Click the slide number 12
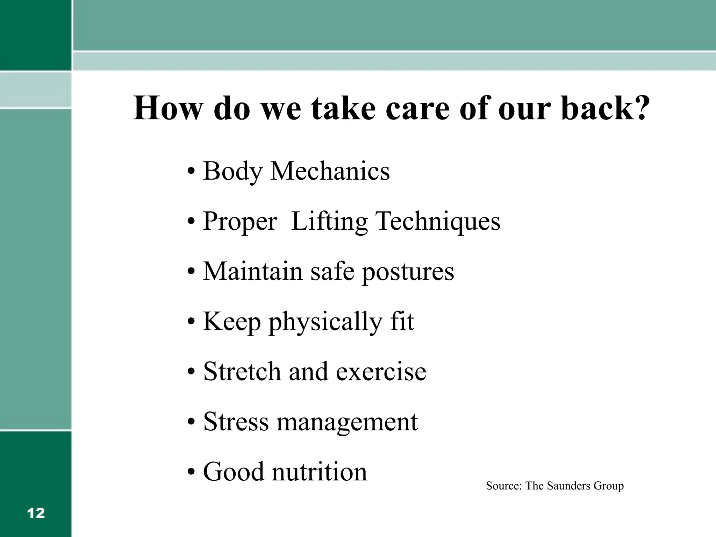36,513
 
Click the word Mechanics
330,171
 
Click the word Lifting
329,222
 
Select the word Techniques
438,222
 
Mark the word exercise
381,372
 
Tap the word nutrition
320,472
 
